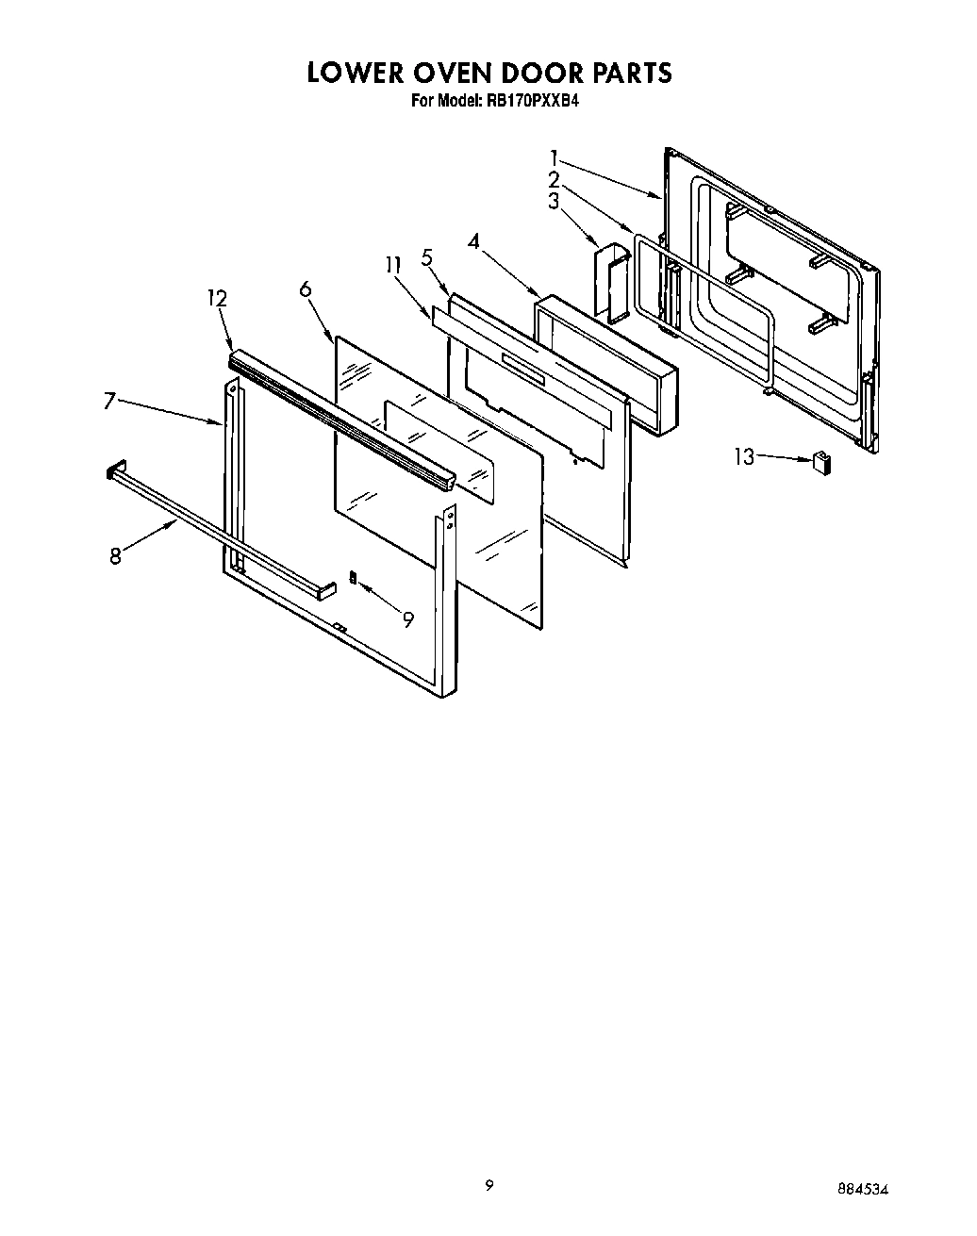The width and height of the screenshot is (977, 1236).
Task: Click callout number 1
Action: [x=555, y=157]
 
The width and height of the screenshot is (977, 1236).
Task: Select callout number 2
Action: [x=555, y=178]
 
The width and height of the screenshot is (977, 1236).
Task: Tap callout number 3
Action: [x=555, y=200]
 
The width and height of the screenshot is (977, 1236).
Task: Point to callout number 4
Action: [x=473, y=241]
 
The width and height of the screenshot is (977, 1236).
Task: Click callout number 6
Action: [x=306, y=289]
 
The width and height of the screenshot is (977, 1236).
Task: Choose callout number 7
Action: [x=109, y=402]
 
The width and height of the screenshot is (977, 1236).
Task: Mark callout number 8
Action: [x=115, y=556]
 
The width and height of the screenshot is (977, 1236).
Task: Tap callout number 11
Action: [x=393, y=267]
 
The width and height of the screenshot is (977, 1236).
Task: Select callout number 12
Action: [x=218, y=298]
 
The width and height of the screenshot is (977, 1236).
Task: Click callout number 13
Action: [x=744, y=457]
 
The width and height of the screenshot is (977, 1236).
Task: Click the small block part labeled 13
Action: [x=821, y=461]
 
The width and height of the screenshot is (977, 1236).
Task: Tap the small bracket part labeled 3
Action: [x=612, y=279]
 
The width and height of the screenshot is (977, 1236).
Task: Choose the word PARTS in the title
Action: [x=626, y=73]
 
